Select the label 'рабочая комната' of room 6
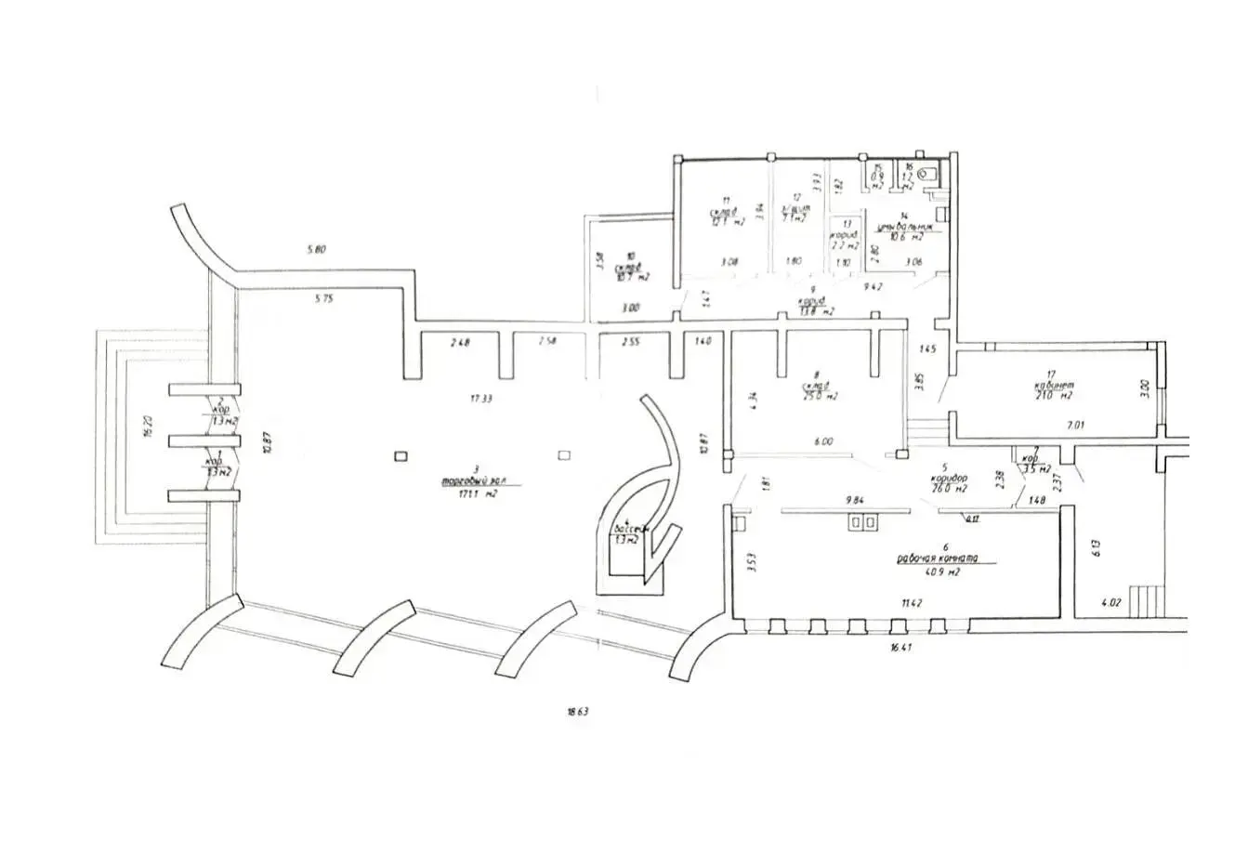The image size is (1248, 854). pyautogui.click(x=940, y=558)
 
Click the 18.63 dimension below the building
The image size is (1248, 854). pyautogui.click(x=579, y=712)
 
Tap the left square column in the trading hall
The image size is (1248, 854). pyautogui.click(x=400, y=455)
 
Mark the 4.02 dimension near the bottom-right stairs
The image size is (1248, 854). pyautogui.click(x=1110, y=602)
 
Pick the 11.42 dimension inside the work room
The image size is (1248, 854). pyautogui.click(x=899, y=603)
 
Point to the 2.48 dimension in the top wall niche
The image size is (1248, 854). pyautogui.click(x=459, y=343)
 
